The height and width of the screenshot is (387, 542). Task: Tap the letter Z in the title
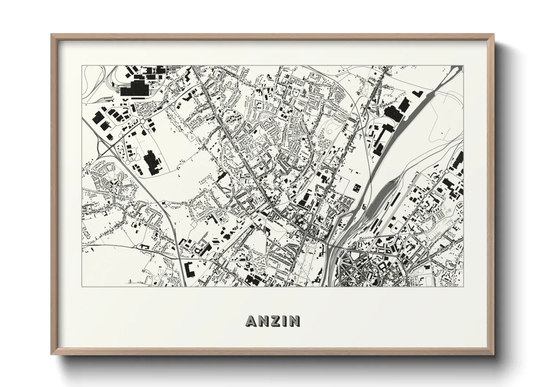pos(275,321)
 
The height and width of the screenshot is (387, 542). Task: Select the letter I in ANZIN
pos(285,321)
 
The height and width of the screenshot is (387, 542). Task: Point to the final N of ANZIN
pos(294,321)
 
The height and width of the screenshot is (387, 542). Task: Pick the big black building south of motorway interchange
pos(151,162)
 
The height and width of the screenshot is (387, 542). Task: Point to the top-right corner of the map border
pos(463,66)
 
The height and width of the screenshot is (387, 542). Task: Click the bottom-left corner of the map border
pos(82,287)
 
